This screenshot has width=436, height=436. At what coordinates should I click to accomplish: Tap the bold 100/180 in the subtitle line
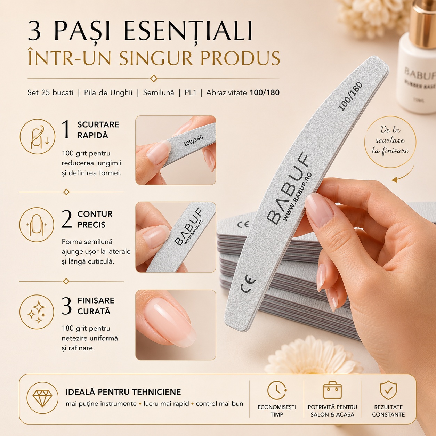pos(265,92)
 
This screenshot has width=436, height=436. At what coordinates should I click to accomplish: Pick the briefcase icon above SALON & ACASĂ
pos(332,390)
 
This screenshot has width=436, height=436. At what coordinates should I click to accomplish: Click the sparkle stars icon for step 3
pos(37,312)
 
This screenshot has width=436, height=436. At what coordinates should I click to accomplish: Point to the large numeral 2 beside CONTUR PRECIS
pos(66,219)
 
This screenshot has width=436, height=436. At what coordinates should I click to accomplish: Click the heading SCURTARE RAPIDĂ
pos(98,130)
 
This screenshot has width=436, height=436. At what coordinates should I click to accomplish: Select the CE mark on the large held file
pos(248,283)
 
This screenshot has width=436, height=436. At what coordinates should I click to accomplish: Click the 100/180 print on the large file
pos(350,96)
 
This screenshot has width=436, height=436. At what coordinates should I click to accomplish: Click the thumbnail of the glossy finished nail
pos(176,325)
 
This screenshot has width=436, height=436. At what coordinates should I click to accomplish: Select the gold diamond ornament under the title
pos(154,79)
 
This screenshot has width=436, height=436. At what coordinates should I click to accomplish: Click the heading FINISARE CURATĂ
pos(96,306)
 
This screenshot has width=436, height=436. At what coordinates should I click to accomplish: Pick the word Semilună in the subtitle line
pos(159,92)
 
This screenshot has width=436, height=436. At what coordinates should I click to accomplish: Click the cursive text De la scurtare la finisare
pos(390,140)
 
